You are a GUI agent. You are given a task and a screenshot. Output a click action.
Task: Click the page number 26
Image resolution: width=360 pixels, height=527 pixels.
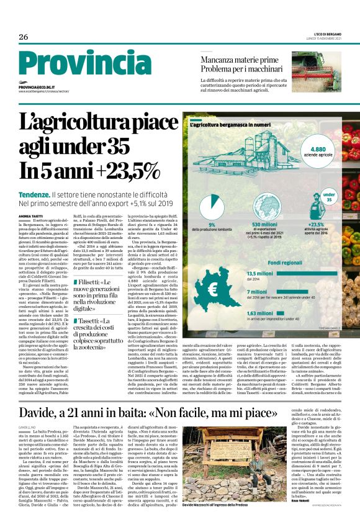tap(24, 37)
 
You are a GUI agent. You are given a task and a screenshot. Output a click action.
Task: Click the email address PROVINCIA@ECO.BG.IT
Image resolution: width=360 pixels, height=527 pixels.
tap(37, 88)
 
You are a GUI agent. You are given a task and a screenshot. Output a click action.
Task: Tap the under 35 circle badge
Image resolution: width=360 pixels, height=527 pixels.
tap(329, 198)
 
